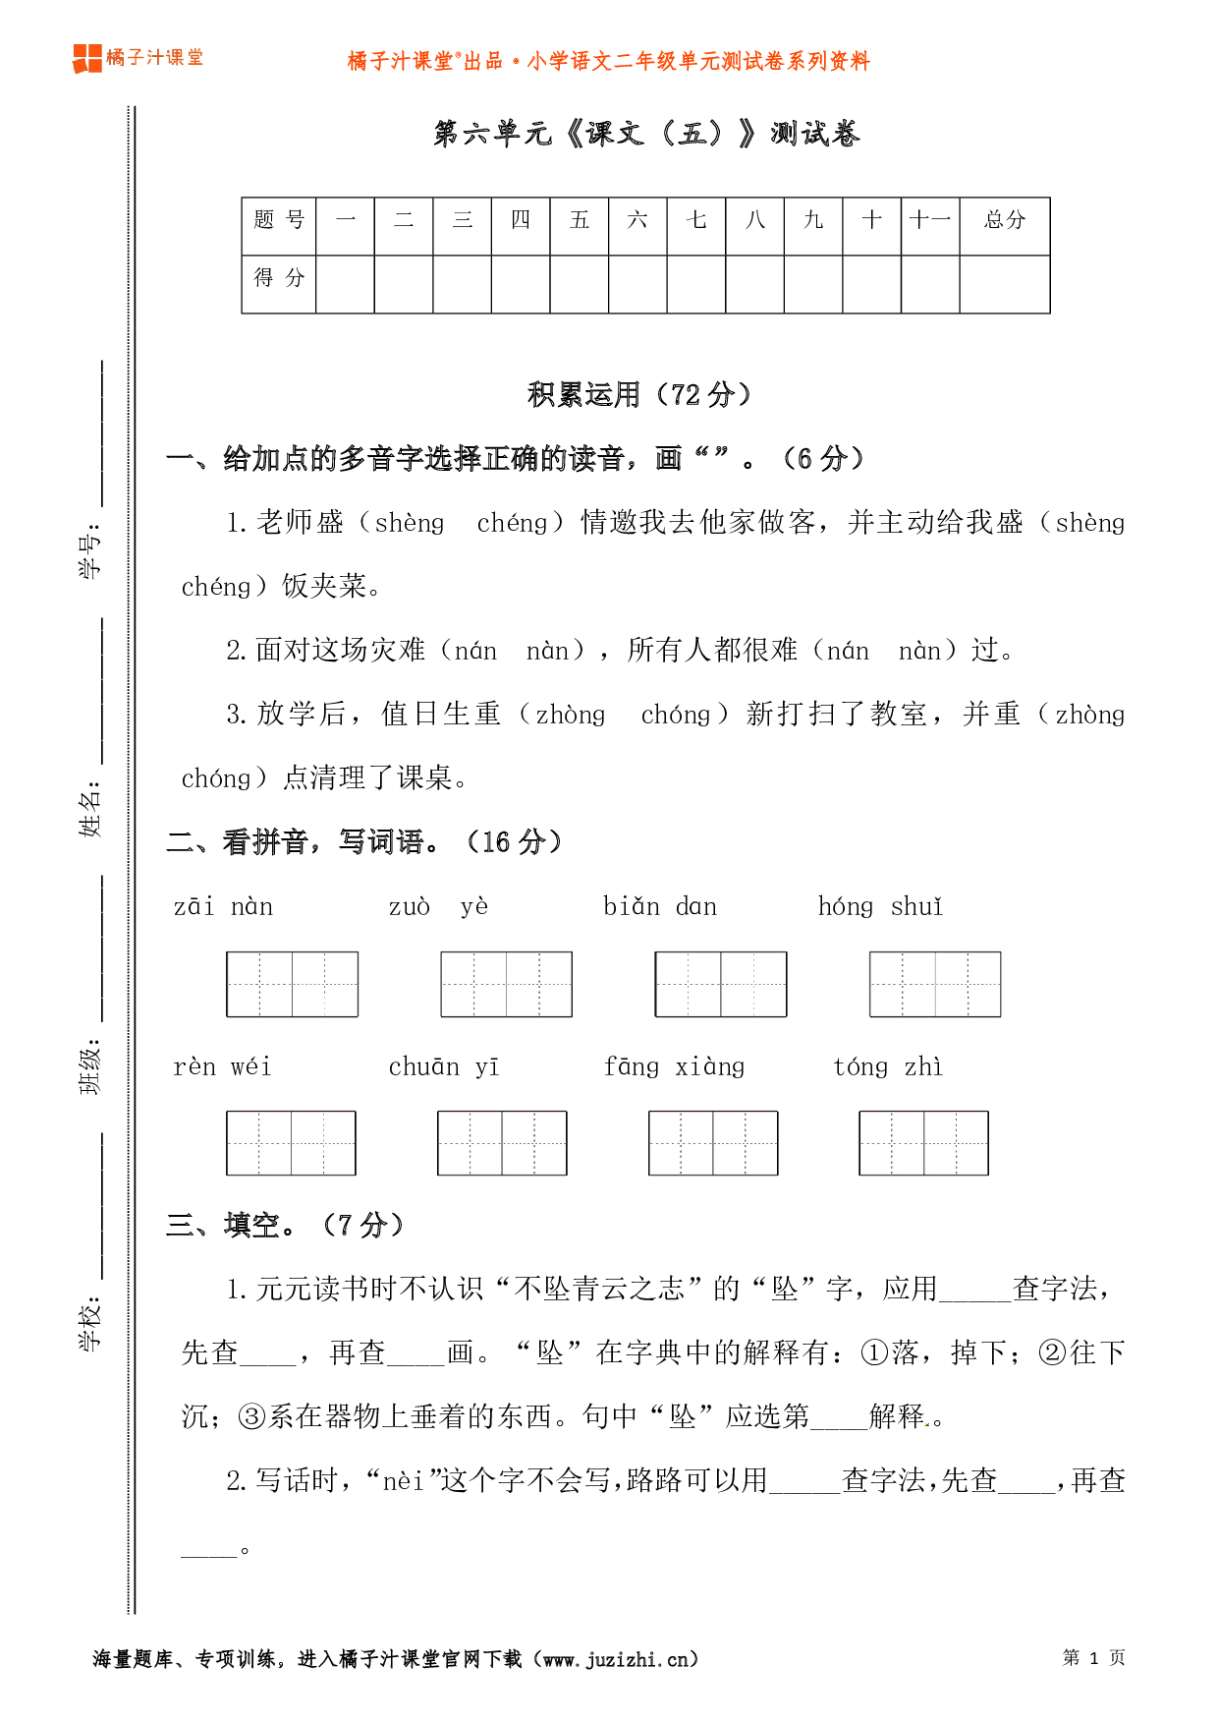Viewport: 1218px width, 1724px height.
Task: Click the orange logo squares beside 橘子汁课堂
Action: [x=86, y=59]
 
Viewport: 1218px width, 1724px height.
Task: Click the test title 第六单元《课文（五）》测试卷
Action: [x=646, y=134]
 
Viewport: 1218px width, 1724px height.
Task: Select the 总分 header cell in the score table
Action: [x=1004, y=220]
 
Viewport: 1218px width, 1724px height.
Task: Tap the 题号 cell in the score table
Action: [x=279, y=220]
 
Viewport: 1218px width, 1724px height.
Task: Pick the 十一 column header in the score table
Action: [x=929, y=220]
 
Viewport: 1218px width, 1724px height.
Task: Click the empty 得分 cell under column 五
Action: [x=579, y=284]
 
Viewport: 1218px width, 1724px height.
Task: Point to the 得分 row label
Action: [x=279, y=278]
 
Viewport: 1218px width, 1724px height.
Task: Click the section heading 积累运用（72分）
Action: [x=639, y=394]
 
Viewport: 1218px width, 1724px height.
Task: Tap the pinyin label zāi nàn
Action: [x=224, y=906]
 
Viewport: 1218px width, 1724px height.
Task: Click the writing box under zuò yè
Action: [x=506, y=984]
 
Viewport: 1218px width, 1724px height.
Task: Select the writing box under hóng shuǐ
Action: [x=934, y=984]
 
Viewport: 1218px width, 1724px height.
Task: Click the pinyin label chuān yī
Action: [x=444, y=1067]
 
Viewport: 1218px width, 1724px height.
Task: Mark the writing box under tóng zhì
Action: [x=923, y=1143]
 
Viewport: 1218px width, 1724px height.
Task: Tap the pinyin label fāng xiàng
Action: [x=675, y=1067]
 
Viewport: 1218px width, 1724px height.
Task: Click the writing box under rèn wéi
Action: [x=291, y=1143]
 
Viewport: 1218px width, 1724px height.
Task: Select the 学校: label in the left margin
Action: [x=90, y=1323]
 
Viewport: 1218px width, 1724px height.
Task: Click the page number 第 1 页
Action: [x=1093, y=1658]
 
